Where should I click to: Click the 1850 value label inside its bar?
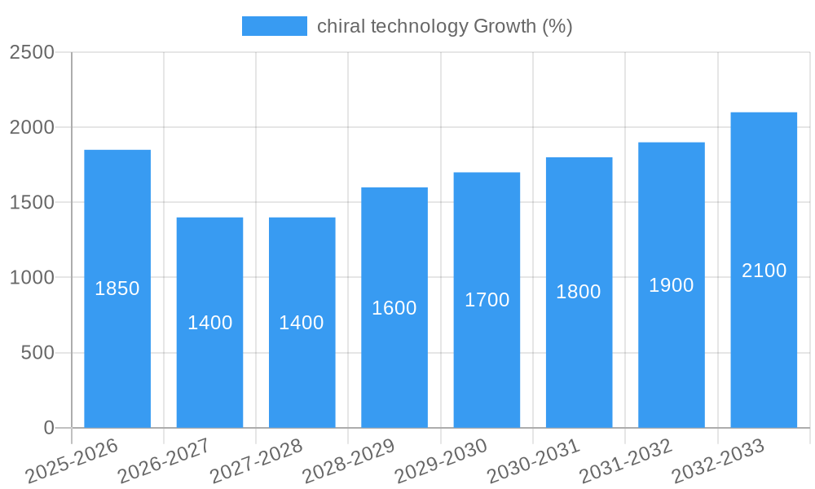coord(117,289)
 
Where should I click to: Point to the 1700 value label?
coord(487,300)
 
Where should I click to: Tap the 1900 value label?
coord(672,285)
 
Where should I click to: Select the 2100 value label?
coord(764,271)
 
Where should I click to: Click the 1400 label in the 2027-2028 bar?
coord(302,323)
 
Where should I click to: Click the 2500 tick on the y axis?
coord(32,52)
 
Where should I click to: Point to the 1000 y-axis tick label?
coord(32,278)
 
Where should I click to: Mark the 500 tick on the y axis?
coord(37,353)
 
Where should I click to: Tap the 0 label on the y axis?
coord(48,428)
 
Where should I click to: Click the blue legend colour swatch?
coord(275,26)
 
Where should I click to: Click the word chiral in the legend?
coord(341,26)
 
